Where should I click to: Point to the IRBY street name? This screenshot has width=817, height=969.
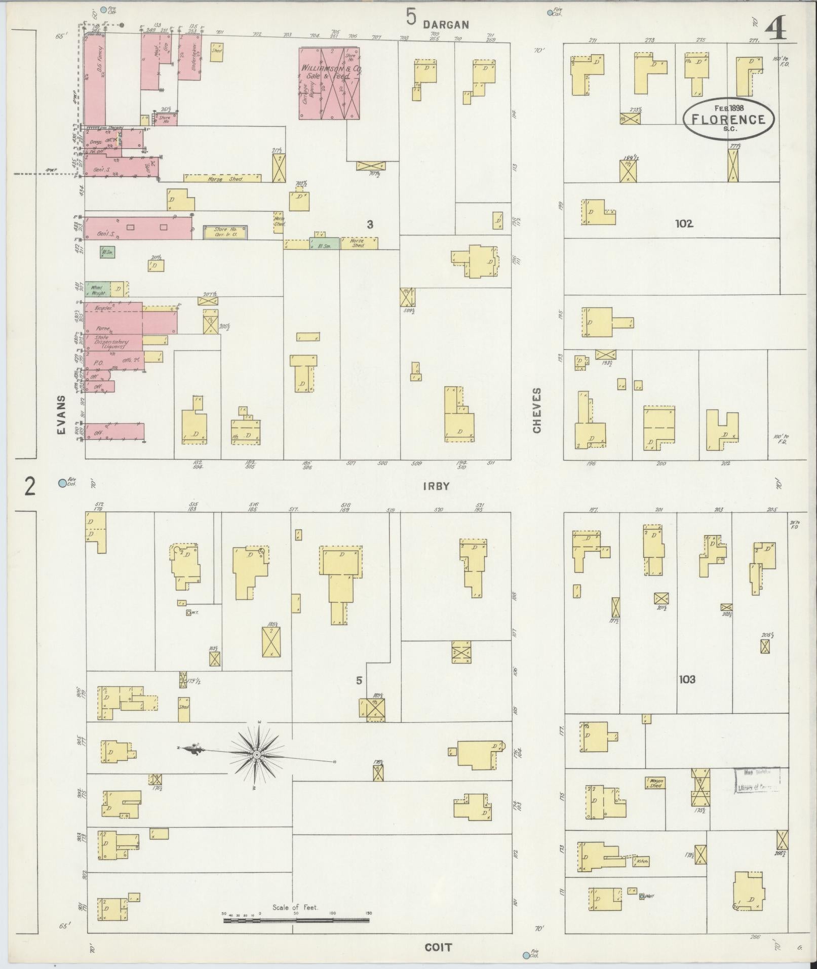click(436, 486)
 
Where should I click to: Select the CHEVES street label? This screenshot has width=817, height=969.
click(536, 410)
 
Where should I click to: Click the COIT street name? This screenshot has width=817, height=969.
click(439, 947)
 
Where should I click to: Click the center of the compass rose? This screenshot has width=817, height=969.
click(257, 755)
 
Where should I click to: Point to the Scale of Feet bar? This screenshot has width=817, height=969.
click(296, 916)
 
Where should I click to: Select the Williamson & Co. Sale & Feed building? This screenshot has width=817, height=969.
click(329, 84)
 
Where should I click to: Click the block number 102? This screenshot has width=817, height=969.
click(684, 223)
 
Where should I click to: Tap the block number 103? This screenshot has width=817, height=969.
click(687, 679)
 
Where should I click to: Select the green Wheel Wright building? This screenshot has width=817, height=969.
click(97, 289)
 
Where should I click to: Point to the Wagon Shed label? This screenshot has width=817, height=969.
click(654, 783)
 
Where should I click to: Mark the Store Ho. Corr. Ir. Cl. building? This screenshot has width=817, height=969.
click(225, 232)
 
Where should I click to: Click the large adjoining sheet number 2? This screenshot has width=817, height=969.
click(30, 487)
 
